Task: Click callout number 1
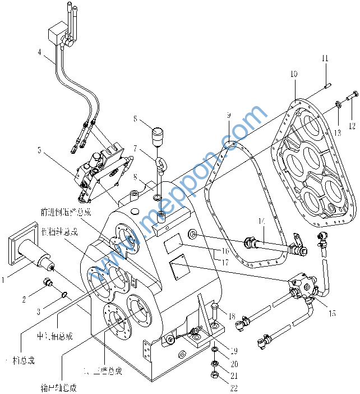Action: coord(4,277)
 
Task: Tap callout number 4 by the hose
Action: coord(40,53)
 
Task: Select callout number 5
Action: coord(39,150)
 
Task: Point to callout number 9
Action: coord(229,115)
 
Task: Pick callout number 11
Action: coord(325,58)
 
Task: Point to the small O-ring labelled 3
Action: coord(66,294)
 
